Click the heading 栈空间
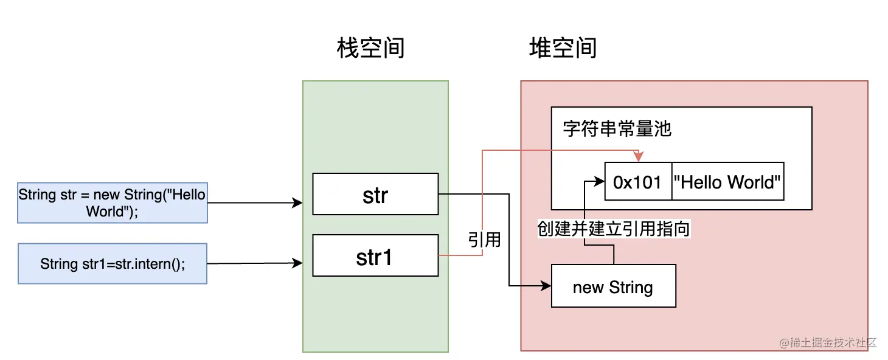[370, 48]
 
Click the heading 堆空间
[563, 48]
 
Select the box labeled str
[375, 195]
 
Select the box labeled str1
[375, 257]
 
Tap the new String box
[613, 286]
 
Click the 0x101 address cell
[638, 182]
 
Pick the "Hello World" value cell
[727, 182]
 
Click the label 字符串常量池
[617, 130]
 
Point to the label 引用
[485, 240]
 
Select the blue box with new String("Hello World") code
[112, 203]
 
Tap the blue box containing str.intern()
[112, 264]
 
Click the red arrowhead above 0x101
[638, 157]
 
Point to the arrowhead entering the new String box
[546, 286]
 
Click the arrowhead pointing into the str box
[298, 202]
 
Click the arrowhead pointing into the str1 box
[298, 263]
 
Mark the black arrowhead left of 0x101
[600, 181]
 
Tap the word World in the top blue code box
[105, 211]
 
